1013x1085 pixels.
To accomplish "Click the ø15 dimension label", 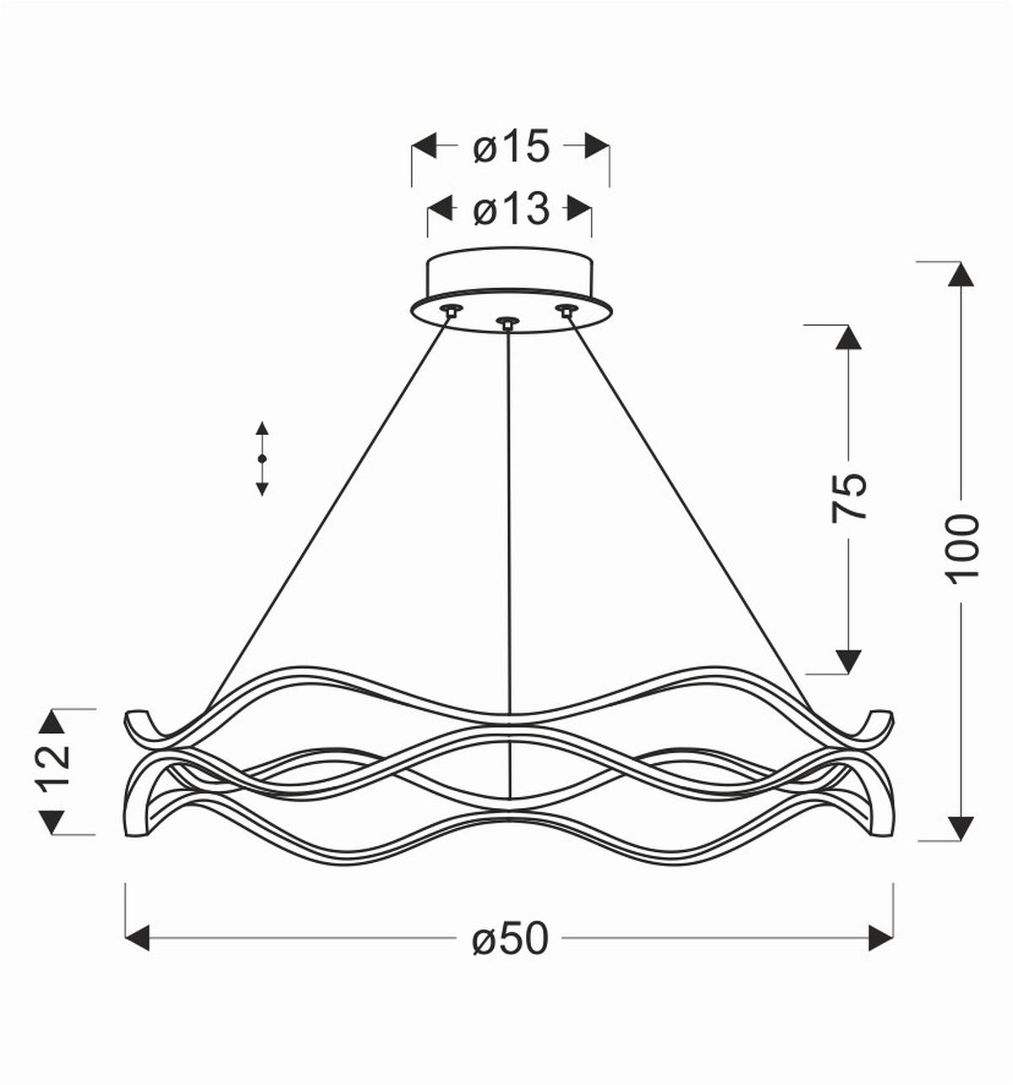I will tap(512, 147).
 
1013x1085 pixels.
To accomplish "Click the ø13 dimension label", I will tap(511, 209).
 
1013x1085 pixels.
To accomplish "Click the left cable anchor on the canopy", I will tap(452, 310).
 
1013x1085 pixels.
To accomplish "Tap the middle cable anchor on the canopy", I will tap(506, 323).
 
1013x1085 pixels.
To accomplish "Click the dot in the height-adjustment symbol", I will tap(262, 458).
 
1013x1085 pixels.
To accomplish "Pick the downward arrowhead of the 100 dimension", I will tap(961, 828).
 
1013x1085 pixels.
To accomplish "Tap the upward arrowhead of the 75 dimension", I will tap(848, 337).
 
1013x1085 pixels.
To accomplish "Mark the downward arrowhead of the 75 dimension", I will tap(848, 661).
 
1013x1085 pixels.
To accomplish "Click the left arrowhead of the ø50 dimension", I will tap(138, 937).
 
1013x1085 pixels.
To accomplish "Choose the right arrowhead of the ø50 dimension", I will tap(880, 937).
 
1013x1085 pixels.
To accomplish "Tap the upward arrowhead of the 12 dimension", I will tap(53, 722).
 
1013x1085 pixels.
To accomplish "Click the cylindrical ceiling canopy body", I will tap(510, 273).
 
